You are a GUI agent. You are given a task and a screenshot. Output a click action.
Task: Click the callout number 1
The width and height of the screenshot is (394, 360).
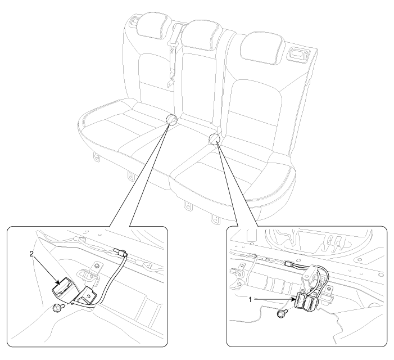[250, 299]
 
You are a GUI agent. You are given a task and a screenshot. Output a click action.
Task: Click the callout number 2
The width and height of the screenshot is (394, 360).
[31, 254]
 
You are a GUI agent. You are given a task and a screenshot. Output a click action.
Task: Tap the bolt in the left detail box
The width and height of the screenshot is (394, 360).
[58, 308]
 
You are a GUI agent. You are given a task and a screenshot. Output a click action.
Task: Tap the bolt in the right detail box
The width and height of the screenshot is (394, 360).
[282, 313]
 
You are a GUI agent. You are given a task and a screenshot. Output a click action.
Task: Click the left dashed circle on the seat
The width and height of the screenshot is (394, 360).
[171, 119]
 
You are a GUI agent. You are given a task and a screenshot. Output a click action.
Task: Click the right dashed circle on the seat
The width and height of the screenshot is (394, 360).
[214, 139]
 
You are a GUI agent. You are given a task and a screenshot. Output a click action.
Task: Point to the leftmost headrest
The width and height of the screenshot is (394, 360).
[154, 26]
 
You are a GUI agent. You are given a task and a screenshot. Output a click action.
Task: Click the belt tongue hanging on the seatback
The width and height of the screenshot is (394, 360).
[171, 82]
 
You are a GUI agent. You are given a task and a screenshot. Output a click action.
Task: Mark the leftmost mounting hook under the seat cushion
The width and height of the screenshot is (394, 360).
[97, 157]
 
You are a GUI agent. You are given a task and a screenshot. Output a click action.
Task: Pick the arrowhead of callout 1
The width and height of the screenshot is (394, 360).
[293, 299]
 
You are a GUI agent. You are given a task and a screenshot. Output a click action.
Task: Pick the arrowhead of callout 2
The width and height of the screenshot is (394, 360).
[58, 282]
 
